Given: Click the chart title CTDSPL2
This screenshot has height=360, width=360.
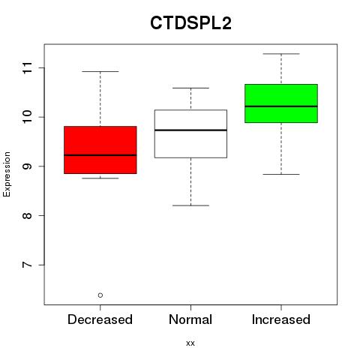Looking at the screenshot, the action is pyautogui.click(x=190, y=23).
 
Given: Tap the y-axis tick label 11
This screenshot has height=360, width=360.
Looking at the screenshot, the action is pyautogui.click(x=27, y=67).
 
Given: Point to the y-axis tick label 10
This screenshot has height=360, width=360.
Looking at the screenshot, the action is pyautogui.click(x=27, y=117).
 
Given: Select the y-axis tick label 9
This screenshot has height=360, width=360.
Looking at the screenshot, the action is pyautogui.click(x=27, y=166).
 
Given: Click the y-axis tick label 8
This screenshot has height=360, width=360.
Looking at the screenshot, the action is pyautogui.click(x=27, y=215).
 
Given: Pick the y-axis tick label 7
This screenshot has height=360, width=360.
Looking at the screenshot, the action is pyautogui.click(x=27, y=265).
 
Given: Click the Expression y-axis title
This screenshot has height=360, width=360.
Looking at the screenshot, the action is pyautogui.click(x=7, y=174).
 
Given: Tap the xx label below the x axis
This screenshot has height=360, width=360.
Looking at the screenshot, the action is pyautogui.click(x=190, y=343).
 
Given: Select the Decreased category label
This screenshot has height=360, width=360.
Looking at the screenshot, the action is pyautogui.click(x=100, y=319).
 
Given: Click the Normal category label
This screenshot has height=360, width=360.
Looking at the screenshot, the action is pyautogui.click(x=190, y=319).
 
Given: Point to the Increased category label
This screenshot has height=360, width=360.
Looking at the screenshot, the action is pyautogui.click(x=281, y=319).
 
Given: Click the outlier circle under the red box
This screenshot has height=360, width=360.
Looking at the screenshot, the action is pyautogui.click(x=100, y=295).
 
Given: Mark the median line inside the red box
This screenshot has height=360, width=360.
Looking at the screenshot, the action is pyautogui.click(x=100, y=155).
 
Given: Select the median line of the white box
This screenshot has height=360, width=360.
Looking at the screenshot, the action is pyautogui.click(x=190, y=130).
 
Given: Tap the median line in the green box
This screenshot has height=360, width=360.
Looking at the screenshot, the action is pyautogui.click(x=281, y=106).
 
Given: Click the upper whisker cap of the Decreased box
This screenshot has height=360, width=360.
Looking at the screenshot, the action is pyautogui.click(x=100, y=71).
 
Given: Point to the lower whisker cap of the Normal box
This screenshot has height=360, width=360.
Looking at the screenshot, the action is pyautogui.click(x=190, y=205).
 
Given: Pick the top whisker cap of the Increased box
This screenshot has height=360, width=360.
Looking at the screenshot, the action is pyautogui.click(x=281, y=54).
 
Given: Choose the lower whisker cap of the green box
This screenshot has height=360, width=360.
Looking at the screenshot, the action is pyautogui.click(x=281, y=174).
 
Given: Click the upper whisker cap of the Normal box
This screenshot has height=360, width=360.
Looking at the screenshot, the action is pyautogui.click(x=190, y=88).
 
